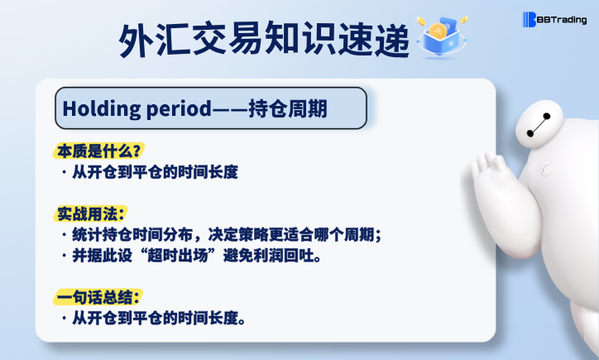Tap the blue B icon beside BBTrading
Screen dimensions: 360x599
click(530, 20)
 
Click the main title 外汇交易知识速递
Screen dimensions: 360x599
click(264, 40)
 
